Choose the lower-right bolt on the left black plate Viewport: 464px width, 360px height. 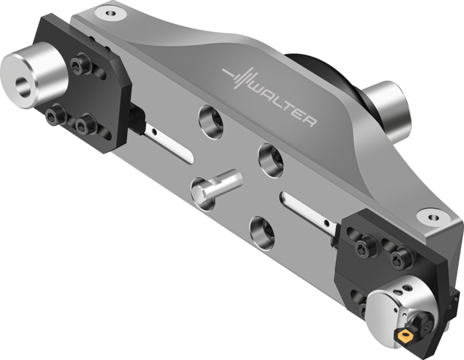click(x=86, y=123)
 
